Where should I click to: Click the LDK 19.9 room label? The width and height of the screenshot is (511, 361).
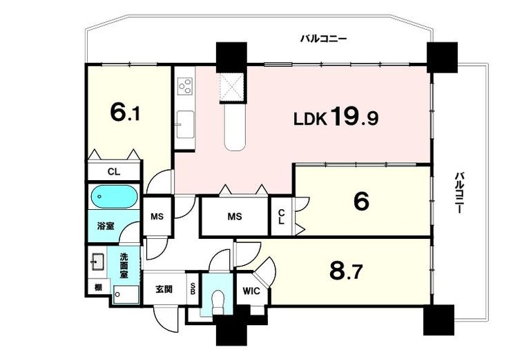336,118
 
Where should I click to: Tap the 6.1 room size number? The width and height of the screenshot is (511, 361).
126,113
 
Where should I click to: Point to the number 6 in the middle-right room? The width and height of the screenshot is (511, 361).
360,202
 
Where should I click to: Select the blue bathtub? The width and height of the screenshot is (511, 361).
114,198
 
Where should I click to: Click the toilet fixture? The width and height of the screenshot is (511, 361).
219,300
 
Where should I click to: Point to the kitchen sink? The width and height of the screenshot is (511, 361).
185,125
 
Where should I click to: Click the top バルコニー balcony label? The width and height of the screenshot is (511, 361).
322,39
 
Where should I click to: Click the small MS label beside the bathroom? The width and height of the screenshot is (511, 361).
157,217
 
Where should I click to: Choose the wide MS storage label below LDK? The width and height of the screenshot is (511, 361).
235,217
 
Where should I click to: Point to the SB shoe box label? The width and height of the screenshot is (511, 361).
193,291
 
